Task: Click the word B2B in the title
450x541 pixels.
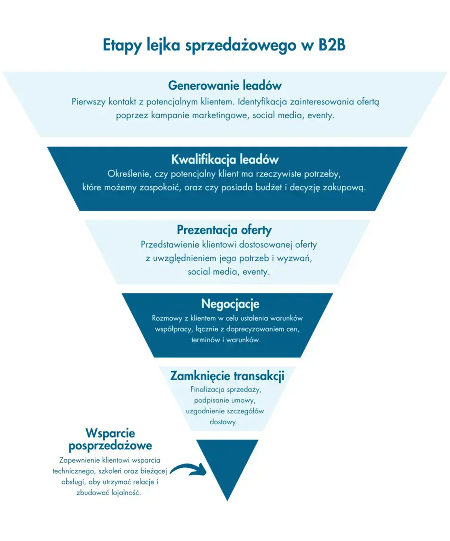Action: tap(332, 45)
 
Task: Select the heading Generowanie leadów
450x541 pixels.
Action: tap(225, 85)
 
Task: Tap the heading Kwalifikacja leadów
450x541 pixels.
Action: tap(225, 159)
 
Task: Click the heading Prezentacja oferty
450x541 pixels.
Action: tap(224, 230)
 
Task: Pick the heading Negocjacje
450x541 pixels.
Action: tap(230, 303)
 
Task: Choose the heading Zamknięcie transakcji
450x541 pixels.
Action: tap(227, 376)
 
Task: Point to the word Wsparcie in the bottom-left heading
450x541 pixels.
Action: tap(110, 433)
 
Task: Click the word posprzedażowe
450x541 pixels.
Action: tap(110, 446)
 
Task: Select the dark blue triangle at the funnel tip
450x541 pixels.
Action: tap(227, 463)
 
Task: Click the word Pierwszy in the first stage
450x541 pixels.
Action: tap(89, 102)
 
